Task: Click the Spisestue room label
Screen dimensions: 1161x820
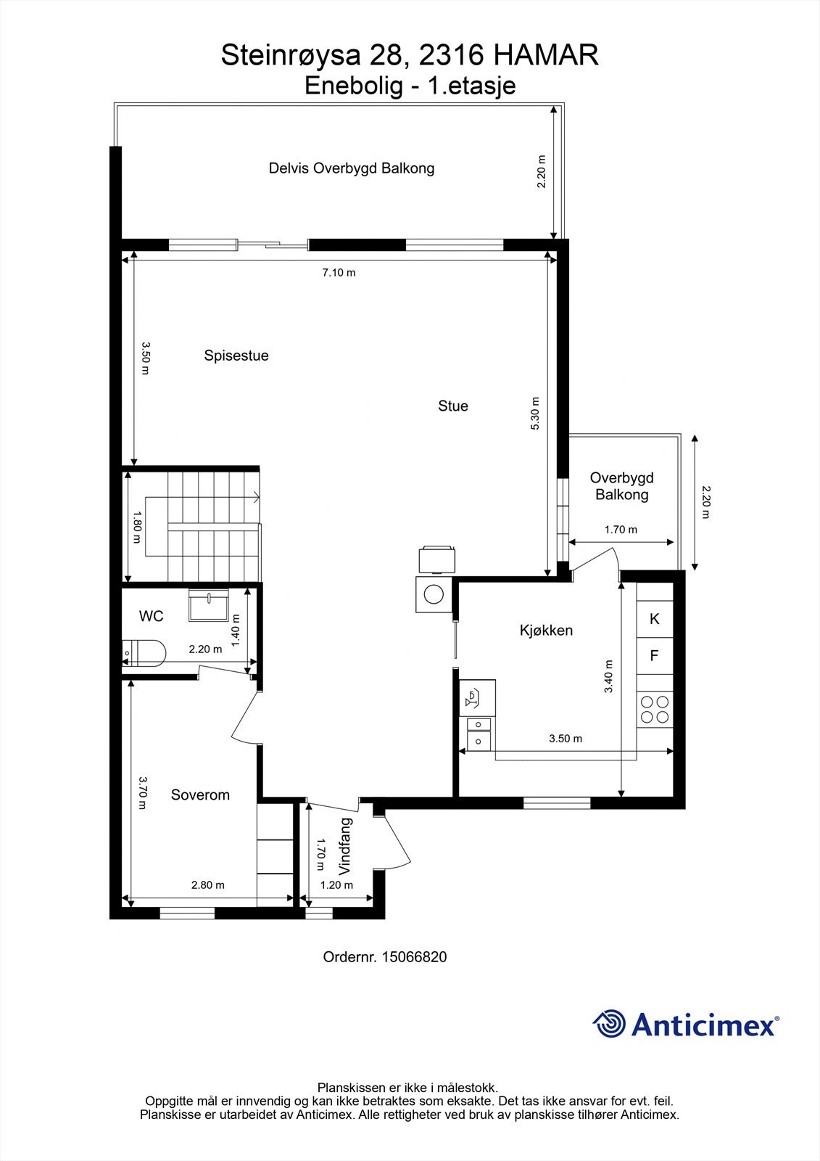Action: [x=236, y=356]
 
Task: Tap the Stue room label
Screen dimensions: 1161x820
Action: [x=453, y=406]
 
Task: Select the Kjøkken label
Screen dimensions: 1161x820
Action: [x=546, y=630]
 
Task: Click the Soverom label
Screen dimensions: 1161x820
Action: [x=200, y=795]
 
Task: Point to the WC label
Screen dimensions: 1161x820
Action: [x=152, y=616]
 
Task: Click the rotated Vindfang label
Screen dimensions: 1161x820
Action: [x=346, y=846]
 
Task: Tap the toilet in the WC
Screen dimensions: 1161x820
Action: [x=143, y=652]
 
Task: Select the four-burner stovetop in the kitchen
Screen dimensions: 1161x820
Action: [x=655, y=709]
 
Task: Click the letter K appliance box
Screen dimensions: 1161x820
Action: [x=655, y=619]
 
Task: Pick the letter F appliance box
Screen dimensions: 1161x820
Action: [x=655, y=656]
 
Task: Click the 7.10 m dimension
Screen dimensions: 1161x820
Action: [x=339, y=273]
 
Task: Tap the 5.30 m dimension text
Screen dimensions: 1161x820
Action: [x=535, y=414]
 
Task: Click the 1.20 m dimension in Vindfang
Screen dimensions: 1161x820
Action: [x=336, y=885]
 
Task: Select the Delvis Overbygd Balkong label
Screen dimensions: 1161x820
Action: [x=352, y=168]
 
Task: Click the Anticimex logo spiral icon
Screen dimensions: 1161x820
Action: [x=609, y=1024]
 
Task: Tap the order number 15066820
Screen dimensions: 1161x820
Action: [x=415, y=957]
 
